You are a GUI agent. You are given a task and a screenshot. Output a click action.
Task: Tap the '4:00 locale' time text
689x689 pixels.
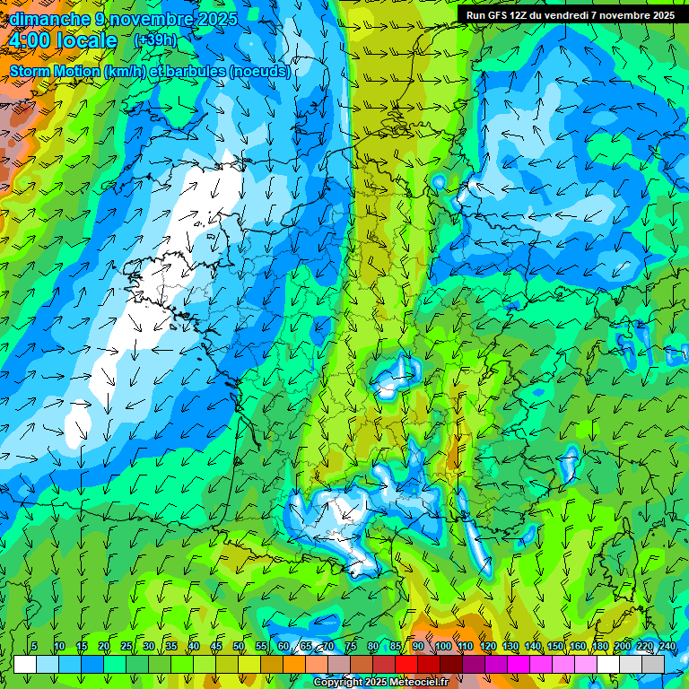click(63, 40)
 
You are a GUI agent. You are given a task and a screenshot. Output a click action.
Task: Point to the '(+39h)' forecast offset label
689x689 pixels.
click(154, 40)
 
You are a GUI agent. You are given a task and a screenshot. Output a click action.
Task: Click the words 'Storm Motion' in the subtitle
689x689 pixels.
click(56, 71)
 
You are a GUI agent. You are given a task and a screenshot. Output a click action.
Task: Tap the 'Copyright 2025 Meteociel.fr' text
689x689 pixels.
click(381, 683)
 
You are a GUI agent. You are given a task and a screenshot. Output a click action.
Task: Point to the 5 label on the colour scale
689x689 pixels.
click(34, 647)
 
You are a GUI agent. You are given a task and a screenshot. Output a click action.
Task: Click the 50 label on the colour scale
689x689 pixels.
click(239, 647)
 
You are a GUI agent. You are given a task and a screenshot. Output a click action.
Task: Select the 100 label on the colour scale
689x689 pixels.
click(442, 647)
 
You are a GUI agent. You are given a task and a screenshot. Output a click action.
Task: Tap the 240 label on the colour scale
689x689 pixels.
click(667, 647)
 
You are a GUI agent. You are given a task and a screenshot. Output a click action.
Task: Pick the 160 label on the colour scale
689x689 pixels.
click(577, 647)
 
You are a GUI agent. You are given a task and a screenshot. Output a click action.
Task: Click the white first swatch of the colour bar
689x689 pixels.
click(25, 664)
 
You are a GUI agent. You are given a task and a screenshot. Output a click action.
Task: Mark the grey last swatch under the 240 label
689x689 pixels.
click(653, 664)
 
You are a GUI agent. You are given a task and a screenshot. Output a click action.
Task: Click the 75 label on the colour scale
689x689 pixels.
click(351, 647)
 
